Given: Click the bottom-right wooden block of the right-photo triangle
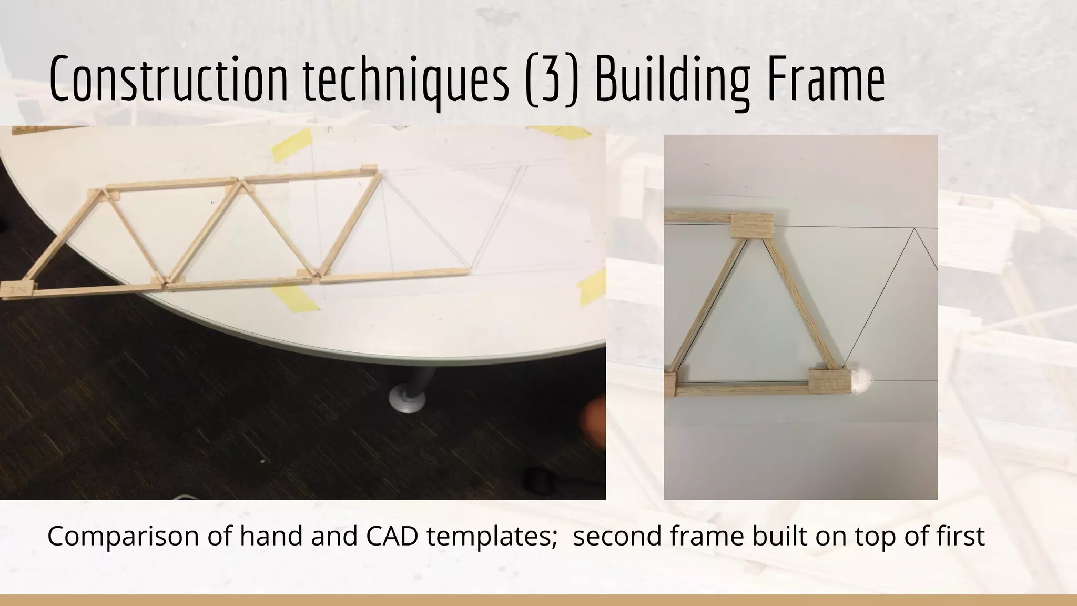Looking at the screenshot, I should [x=829, y=380].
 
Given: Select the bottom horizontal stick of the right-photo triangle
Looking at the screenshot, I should [x=741, y=390].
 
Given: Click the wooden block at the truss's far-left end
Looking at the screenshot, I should [x=17, y=289].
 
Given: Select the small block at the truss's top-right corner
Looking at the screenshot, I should [x=368, y=169].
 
